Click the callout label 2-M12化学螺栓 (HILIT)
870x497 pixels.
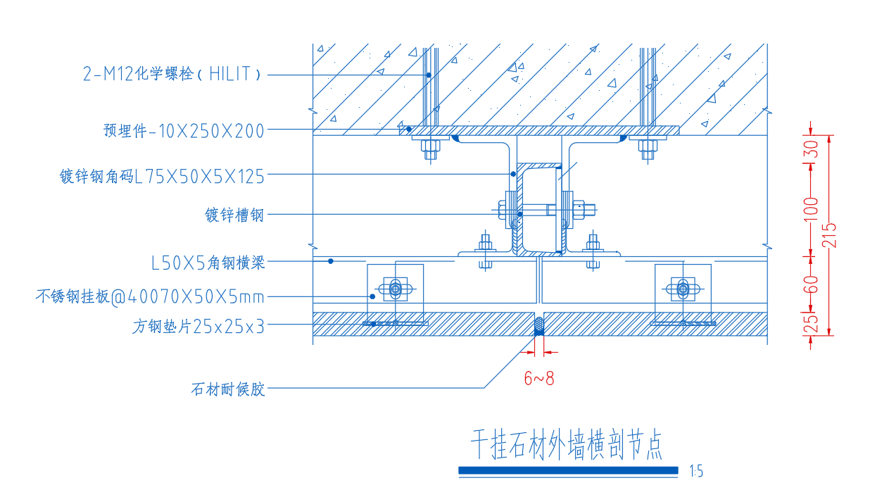172,73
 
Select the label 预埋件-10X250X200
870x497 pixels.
184,131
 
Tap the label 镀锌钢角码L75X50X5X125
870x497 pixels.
162,177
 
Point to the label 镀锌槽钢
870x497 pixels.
234,215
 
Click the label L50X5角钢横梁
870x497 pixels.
208,263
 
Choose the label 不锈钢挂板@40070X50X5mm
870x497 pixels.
150,297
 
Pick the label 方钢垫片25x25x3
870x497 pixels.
198,326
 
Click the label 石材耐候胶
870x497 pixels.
228,389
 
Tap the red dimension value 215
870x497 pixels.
829,236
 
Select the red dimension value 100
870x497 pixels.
811,209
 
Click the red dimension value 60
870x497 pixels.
811,284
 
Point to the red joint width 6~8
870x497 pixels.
539,378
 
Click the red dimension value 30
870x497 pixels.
811,149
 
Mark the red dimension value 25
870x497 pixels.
811,324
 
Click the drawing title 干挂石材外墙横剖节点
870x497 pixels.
567,444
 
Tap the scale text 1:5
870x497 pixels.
696,472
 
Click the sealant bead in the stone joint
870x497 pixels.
538,326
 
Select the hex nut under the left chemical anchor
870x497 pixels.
430,146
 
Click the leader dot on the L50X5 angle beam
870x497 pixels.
331,261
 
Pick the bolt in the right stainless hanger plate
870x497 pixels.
683,289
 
